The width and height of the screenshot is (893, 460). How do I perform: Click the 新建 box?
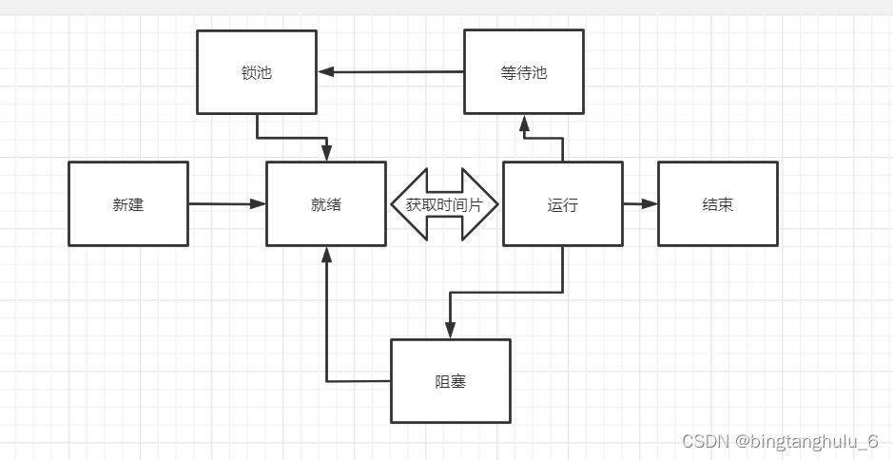(128, 203)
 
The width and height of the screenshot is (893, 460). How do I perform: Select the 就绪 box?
(326, 203)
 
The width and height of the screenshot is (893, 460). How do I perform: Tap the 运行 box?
(562, 203)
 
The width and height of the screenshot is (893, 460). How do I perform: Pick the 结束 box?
(717, 203)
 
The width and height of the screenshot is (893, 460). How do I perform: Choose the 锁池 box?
(257, 72)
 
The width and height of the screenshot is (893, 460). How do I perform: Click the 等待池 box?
(523, 72)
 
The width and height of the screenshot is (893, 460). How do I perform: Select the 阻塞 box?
(451, 381)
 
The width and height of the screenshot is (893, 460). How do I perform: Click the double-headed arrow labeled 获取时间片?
(444, 203)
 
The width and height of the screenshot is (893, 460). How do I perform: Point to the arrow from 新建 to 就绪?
(226, 203)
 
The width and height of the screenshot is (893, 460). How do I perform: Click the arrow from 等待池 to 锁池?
(390, 71)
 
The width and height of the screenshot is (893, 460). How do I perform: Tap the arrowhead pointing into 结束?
(650, 203)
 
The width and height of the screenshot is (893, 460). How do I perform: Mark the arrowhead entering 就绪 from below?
(326, 255)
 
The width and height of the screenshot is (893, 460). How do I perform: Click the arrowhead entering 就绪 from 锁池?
(326, 153)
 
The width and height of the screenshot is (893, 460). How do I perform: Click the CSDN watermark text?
(705, 441)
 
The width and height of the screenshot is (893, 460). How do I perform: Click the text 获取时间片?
(444, 203)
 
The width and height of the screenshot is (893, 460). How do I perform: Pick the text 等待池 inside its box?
(523, 72)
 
